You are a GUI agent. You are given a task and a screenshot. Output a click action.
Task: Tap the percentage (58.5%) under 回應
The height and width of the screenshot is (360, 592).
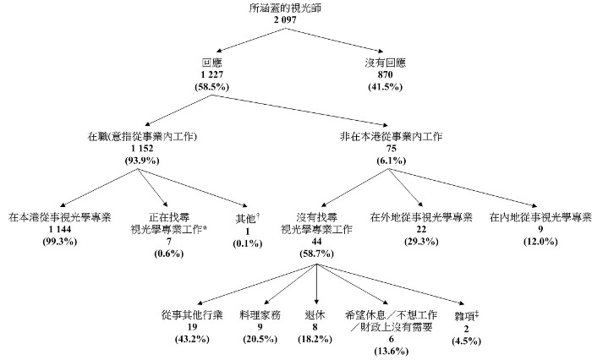(211, 87)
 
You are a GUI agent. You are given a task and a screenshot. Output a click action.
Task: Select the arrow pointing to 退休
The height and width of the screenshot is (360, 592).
(316, 287)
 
